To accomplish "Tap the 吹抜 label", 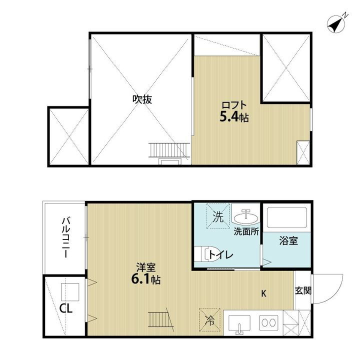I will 141,99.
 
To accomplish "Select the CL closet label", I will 66,308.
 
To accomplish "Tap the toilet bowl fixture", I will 205,254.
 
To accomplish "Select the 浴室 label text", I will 288,241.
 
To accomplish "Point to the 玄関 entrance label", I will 303,290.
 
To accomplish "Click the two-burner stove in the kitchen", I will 268,322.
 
